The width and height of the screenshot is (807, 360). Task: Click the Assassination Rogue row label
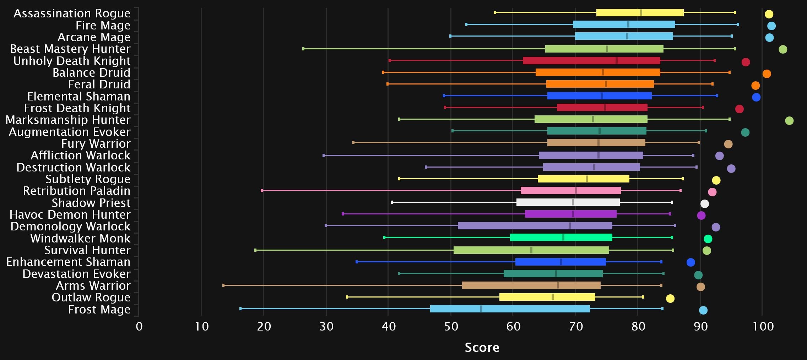(72, 13)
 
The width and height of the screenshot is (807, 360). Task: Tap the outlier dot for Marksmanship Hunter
(789, 121)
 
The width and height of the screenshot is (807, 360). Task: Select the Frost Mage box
(510, 309)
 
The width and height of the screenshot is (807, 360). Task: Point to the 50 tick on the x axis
(451, 326)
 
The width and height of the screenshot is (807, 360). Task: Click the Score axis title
(482, 348)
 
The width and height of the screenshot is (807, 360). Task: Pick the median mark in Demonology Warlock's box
(570, 226)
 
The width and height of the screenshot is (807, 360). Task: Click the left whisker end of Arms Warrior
(223, 285)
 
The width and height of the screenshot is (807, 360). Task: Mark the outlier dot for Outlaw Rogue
(670, 299)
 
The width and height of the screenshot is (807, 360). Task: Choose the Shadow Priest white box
(568, 202)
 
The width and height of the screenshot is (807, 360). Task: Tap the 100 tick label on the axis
(763, 326)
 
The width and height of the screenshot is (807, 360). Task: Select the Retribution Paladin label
(77, 191)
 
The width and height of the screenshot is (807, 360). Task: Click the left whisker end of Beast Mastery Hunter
(303, 49)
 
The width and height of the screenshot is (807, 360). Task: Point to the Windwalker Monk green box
(561, 238)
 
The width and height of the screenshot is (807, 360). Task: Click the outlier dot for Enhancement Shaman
(691, 262)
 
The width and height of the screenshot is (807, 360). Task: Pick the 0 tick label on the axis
(139, 326)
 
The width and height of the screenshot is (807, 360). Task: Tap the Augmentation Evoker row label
(70, 132)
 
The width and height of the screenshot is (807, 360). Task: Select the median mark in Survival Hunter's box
(531, 250)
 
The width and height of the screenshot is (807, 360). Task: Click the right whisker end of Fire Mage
(738, 24)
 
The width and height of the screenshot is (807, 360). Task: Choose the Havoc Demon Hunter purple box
(571, 214)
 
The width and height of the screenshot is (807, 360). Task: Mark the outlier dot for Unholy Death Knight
(746, 62)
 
